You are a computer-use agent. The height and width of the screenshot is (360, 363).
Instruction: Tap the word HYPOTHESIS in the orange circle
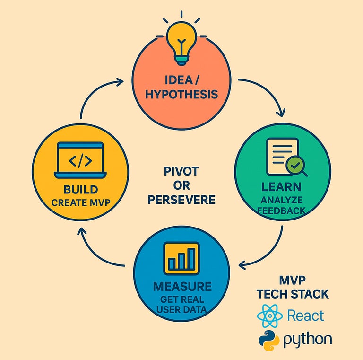pyautogui.click(x=181, y=94)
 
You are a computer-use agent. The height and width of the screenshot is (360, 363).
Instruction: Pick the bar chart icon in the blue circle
pyautogui.click(x=181, y=258)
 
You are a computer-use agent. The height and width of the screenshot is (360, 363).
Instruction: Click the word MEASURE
pyautogui.click(x=182, y=286)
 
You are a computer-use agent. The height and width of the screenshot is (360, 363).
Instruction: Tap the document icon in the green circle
pyautogui.click(x=282, y=156)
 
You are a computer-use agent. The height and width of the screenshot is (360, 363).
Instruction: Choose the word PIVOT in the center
pyautogui.click(x=181, y=171)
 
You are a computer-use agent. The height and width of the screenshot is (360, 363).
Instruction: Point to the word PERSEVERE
pyautogui.click(x=181, y=200)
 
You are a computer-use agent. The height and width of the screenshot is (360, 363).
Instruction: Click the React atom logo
pyautogui.click(x=270, y=316)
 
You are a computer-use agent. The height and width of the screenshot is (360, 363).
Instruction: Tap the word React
pyautogui.click(x=306, y=316)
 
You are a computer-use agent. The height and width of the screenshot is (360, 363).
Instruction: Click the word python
pyautogui.click(x=308, y=340)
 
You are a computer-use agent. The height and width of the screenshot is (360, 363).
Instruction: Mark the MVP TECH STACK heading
pyautogui.click(x=293, y=287)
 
